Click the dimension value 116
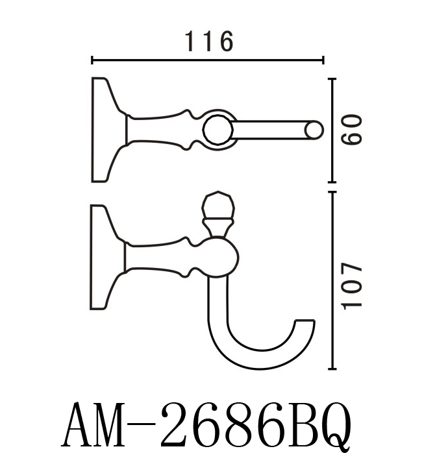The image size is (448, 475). [209, 41]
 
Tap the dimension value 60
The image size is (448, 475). [351, 130]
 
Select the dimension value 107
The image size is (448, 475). [351, 286]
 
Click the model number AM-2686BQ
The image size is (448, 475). [206, 426]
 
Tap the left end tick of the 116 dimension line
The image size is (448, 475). [92, 60]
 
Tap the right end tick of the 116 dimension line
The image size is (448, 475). [323, 60]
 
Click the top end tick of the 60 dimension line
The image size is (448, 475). [332, 79]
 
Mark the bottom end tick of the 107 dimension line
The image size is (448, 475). [332, 369]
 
